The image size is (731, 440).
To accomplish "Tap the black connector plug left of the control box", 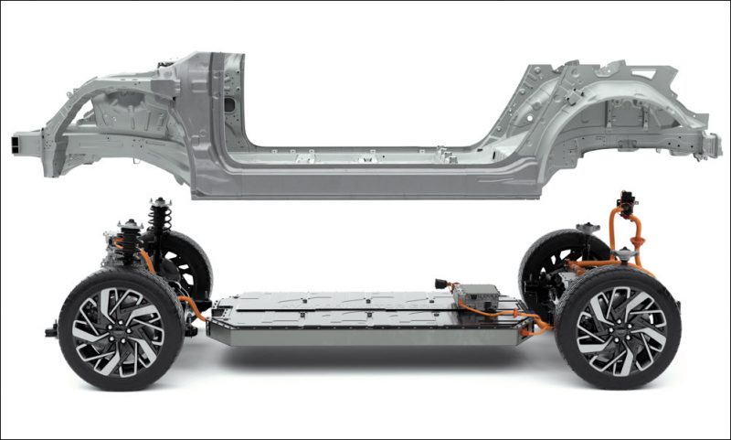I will coord(443,284).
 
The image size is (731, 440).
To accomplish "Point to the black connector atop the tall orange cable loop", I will coord(627,200).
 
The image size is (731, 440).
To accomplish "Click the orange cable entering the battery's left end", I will coord(194,306).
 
